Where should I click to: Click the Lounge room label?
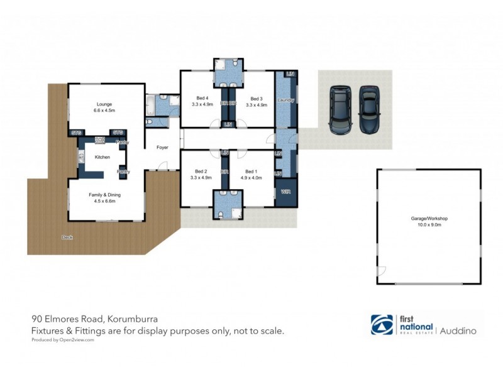coord(104,104)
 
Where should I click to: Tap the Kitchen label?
coord(102,157)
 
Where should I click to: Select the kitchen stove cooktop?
coord(99,139)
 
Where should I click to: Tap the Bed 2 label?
coord(201,171)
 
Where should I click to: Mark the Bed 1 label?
coord(251,171)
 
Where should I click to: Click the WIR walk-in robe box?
coord(285,192)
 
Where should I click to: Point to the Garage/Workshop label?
coord(429,218)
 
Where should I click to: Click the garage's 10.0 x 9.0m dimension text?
coord(429,224)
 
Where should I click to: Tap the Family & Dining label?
coord(104,195)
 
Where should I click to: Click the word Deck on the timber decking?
coord(67,237)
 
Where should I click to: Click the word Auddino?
coord(458,329)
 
